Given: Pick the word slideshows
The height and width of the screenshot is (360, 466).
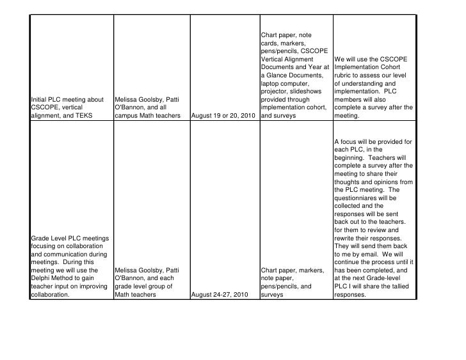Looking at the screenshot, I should point(309,91).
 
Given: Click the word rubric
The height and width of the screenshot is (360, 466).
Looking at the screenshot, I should point(344,75).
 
